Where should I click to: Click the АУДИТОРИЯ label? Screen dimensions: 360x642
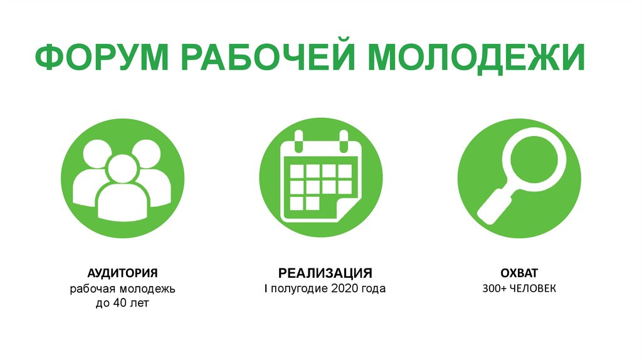tap(122, 273)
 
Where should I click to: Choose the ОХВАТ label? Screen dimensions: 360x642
tap(520, 273)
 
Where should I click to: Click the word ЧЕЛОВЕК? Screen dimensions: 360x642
tap(533, 289)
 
